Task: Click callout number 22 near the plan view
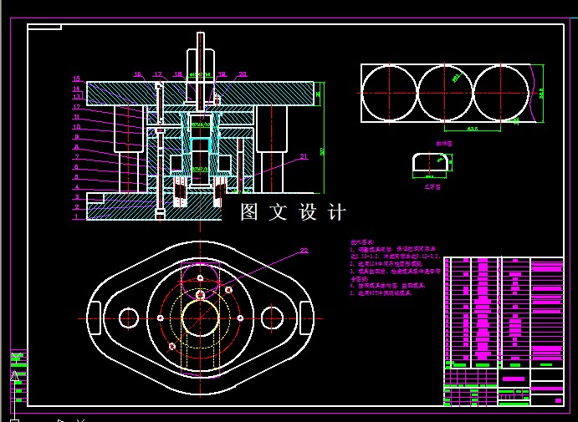click(x=304, y=250)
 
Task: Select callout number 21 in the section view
click(x=304, y=155)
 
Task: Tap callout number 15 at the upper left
click(x=76, y=79)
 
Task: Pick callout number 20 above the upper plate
click(x=242, y=74)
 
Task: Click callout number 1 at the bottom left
click(x=75, y=216)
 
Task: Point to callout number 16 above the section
click(x=138, y=74)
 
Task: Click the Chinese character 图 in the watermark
click(x=249, y=212)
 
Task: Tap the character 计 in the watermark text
click(x=336, y=212)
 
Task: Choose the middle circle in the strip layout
click(x=445, y=93)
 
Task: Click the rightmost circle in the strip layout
click(x=501, y=93)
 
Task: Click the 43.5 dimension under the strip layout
click(x=472, y=130)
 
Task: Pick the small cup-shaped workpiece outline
click(x=430, y=163)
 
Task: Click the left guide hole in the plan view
click(x=129, y=318)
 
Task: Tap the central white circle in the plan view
click(x=201, y=318)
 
